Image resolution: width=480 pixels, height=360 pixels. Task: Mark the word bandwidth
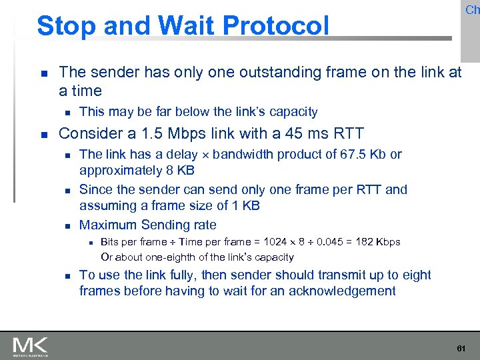tap(243, 155)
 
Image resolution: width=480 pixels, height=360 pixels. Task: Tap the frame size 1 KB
tap(243, 205)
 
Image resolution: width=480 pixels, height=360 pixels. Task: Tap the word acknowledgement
tap(340, 291)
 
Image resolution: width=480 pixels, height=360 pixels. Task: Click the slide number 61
tap(460, 349)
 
